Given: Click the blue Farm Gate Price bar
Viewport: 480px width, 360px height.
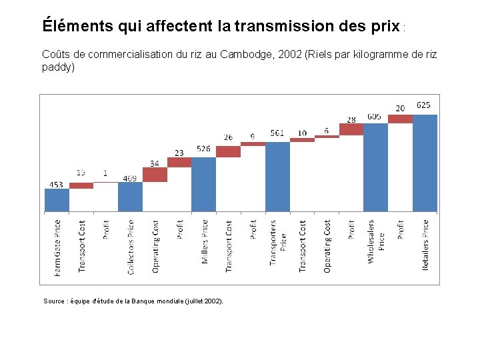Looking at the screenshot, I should point(57,200).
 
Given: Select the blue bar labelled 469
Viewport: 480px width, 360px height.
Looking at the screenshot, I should point(130,197).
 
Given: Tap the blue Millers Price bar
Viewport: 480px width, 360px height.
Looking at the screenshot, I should point(203,185).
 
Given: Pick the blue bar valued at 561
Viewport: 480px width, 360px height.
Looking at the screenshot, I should point(277,177).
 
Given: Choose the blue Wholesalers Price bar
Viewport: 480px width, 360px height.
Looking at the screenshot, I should point(375,167).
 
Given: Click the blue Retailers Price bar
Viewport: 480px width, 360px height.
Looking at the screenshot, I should point(425,163).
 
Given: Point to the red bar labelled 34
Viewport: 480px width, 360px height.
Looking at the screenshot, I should point(155,175).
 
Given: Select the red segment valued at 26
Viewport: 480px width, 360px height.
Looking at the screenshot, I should point(228,151).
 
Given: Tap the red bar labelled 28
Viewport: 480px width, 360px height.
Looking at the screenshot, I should point(351,129).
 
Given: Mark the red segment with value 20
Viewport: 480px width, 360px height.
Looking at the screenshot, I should point(400,119).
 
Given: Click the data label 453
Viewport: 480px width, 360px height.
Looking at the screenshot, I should point(57,184).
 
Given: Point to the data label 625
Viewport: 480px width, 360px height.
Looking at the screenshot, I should point(423,105).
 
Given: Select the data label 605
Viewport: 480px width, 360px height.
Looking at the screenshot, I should point(374,116).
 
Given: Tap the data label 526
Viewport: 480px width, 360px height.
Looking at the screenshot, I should point(203,149).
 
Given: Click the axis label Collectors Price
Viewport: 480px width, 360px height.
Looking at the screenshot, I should point(131,247).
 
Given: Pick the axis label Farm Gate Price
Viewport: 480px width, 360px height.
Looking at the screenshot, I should point(57,248).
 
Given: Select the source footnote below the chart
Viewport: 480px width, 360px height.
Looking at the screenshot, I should point(133,301).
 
